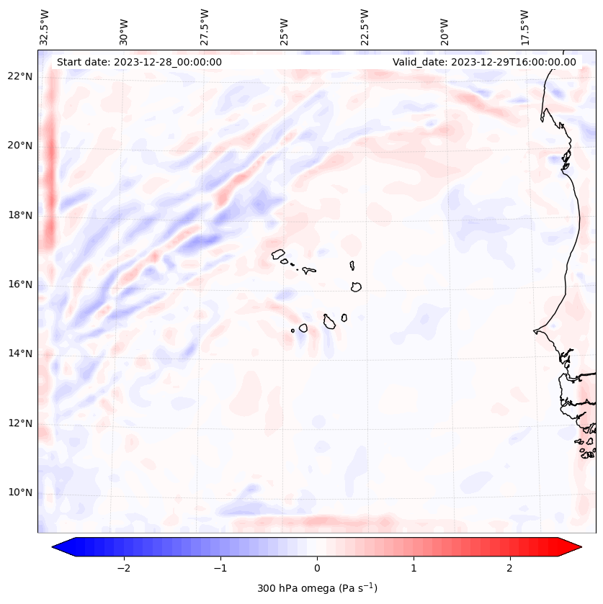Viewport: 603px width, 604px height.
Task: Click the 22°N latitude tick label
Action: tap(20, 76)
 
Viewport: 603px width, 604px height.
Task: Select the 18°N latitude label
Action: tap(20, 215)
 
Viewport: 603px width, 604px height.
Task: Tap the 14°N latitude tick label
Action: tap(20, 353)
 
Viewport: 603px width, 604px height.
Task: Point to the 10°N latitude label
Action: tap(20, 492)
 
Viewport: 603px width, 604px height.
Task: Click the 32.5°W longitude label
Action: tap(45, 27)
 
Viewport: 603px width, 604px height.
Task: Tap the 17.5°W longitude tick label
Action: tap(524, 27)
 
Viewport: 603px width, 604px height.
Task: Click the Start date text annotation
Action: tap(139, 62)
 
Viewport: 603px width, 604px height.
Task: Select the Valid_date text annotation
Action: tap(484, 62)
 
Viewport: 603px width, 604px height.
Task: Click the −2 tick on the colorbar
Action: tap(123, 568)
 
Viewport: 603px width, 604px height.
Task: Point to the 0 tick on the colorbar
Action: tap(317, 568)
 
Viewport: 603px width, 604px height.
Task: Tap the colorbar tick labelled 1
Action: tap(414, 568)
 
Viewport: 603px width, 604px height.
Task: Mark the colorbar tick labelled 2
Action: tap(510, 568)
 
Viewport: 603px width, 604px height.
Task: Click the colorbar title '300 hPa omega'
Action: tap(317, 588)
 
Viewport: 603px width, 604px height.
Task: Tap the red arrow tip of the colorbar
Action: tap(573, 547)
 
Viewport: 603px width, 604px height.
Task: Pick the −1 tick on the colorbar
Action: tap(220, 568)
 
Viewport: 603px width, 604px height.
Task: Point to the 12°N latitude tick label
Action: tap(20, 423)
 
